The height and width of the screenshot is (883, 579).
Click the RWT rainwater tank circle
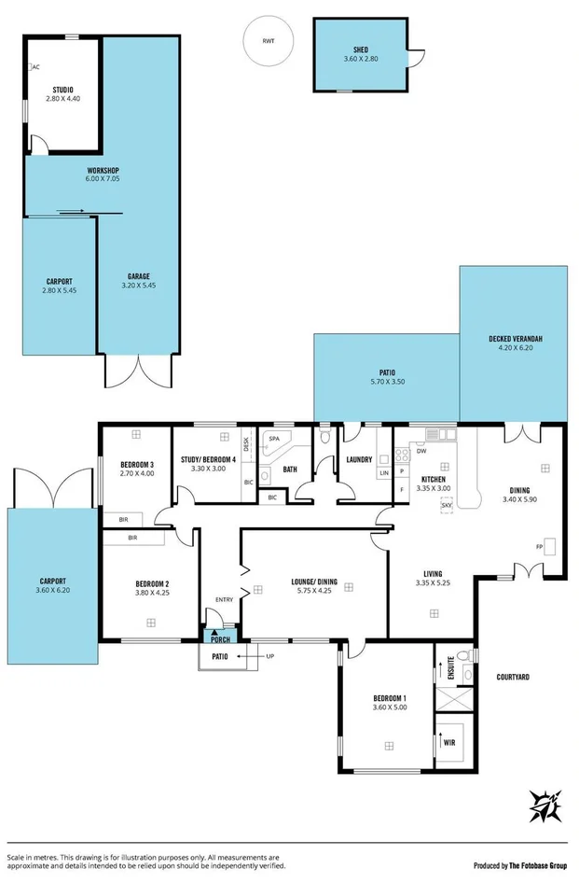[x=269, y=42]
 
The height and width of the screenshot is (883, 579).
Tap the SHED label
[x=361, y=49]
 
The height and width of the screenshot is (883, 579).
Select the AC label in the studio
[x=36, y=67]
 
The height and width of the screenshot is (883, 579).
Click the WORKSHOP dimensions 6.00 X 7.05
[x=103, y=178]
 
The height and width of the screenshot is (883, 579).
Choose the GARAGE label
[x=139, y=276]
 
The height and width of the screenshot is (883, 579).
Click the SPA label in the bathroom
[x=274, y=439]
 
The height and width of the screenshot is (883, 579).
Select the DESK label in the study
[x=247, y=445]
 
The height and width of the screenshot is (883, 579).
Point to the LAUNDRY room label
[x=359, y=459]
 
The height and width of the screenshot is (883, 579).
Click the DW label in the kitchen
[x=421, y=451]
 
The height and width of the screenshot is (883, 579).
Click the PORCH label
[x=221, y=639]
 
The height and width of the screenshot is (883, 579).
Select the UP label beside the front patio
[x=271, y=657]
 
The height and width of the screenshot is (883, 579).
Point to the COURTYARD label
[x=515, y=677]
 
